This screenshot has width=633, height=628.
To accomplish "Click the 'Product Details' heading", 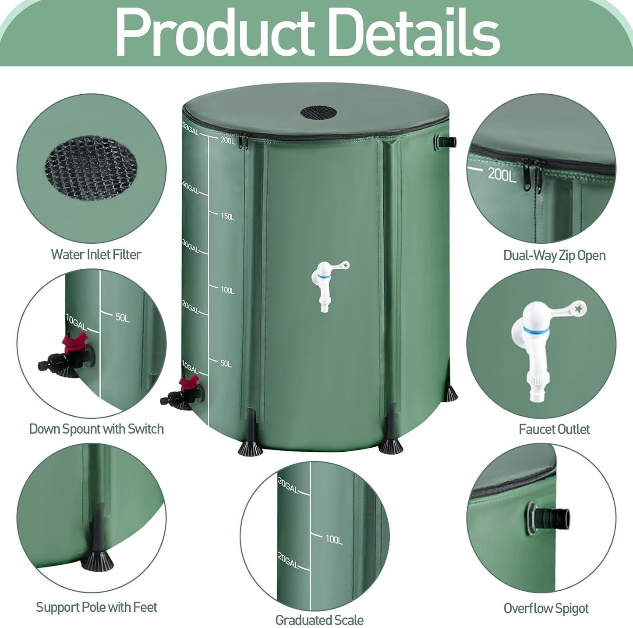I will [308, 33].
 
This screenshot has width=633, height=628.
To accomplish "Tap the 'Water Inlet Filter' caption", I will [96, 254].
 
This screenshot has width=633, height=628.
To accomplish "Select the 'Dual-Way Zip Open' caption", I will [554, 255].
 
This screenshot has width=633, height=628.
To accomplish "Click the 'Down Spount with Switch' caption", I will [96, 428].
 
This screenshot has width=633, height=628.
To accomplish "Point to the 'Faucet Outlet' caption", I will [554, 429].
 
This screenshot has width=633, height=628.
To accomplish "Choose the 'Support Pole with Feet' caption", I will [96, 607].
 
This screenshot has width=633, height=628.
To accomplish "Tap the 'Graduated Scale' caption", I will [319, 620].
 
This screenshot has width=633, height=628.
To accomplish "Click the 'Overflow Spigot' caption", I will [546, 608].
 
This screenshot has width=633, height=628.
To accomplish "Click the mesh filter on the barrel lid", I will [318, 112].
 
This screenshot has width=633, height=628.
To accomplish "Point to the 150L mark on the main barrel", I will [228, 217].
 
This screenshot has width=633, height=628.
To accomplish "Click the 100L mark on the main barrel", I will [228, 290].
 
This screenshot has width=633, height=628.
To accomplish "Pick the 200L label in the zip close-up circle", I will [502, 175].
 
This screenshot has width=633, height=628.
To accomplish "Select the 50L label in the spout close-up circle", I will [123, 318].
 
